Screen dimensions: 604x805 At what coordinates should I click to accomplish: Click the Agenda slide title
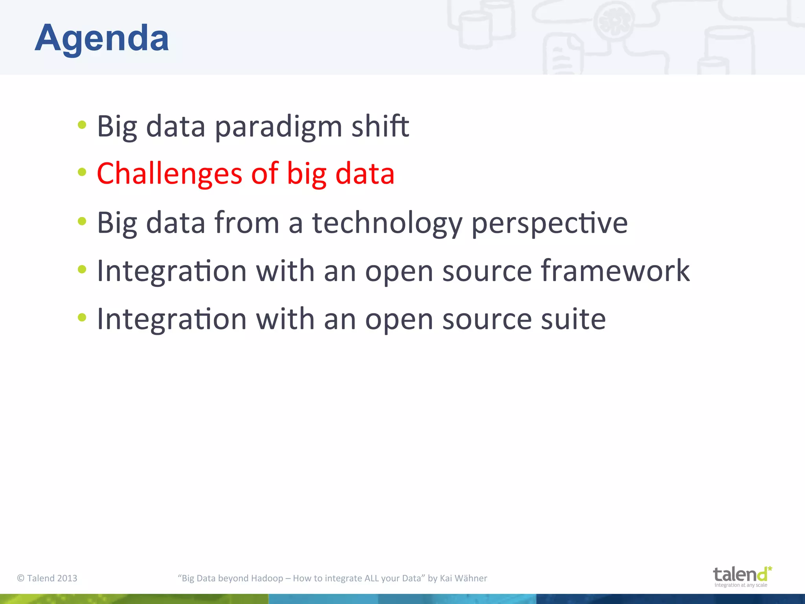[102, 38]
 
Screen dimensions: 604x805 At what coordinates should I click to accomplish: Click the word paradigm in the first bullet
[278, 127]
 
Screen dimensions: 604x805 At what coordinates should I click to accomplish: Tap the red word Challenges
[169, 174]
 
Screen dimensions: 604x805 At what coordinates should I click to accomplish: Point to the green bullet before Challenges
[82, 172]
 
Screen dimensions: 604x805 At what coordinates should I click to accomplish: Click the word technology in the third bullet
[387, 223]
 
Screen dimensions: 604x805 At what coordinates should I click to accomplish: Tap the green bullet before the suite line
[82, 317]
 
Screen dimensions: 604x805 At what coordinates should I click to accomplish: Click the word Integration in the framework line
[172, 271]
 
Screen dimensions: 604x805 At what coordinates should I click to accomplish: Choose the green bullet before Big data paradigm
[82, 125]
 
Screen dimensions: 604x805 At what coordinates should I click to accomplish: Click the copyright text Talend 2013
[47, 578]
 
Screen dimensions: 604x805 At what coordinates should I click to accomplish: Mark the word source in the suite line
[487, 319]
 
